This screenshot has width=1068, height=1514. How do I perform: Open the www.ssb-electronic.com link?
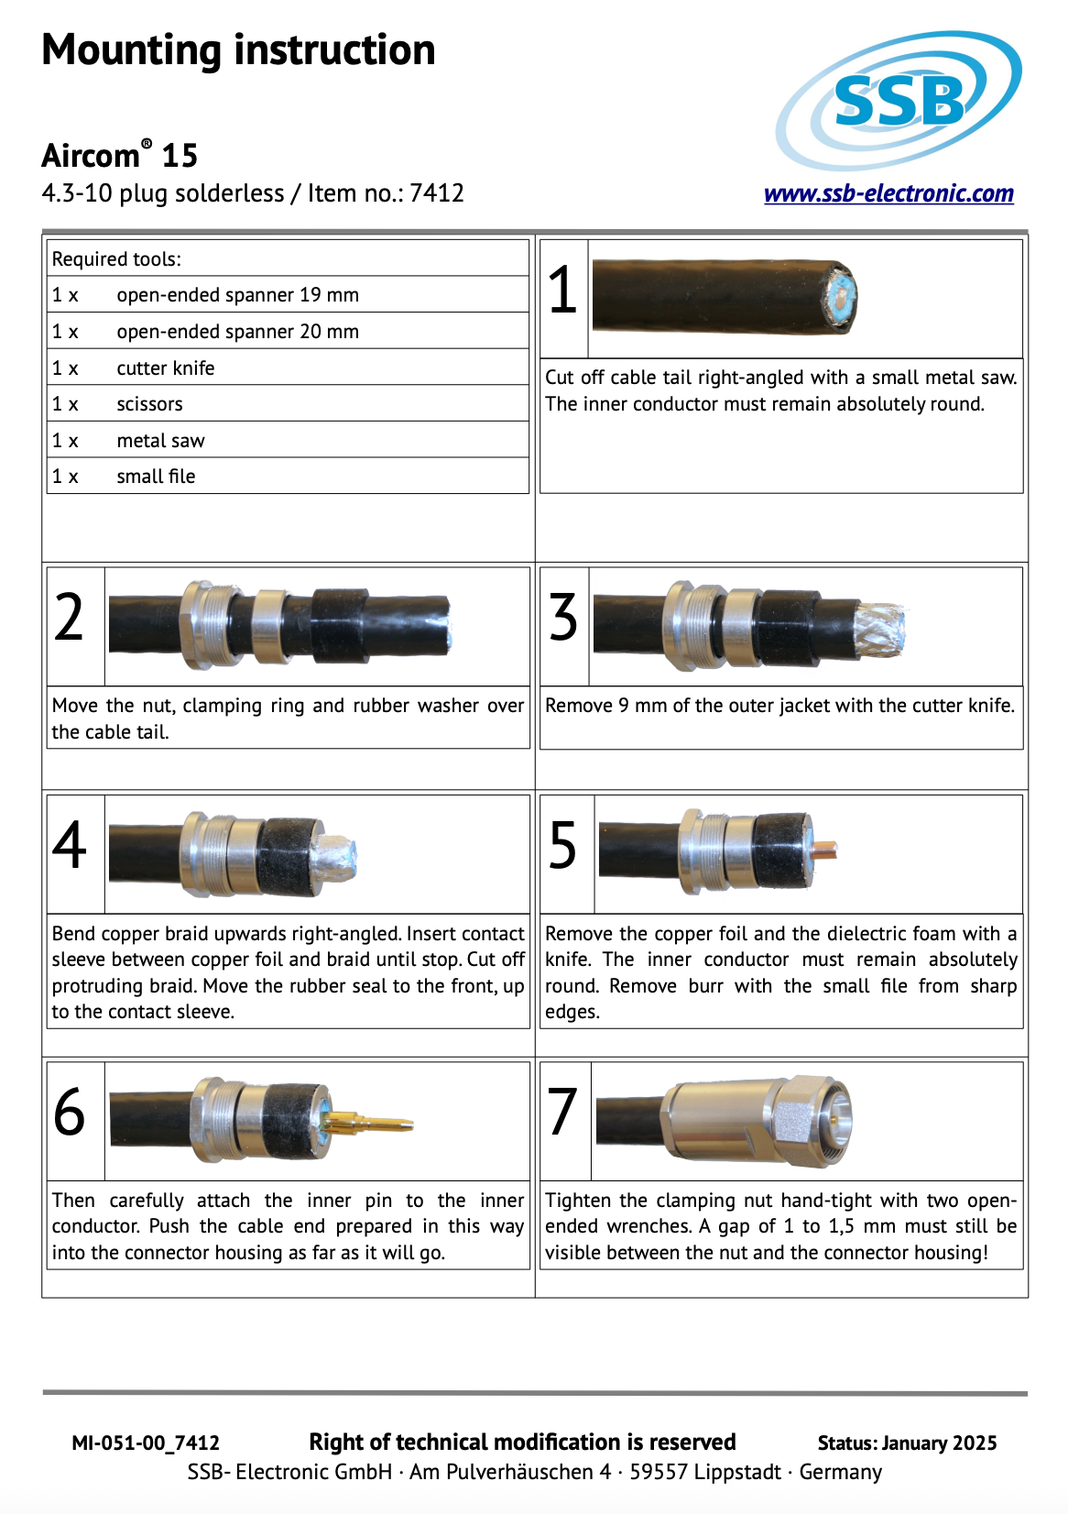888,193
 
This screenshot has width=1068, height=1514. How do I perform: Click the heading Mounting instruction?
238,50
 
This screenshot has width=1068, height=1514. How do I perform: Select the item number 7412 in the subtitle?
437,193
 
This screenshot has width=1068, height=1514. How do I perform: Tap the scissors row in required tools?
149,404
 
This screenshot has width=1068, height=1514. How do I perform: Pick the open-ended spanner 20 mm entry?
237,332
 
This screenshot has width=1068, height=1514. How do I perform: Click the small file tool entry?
156,477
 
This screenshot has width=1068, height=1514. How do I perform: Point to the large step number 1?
562,291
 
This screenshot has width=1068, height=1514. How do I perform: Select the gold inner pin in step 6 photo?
366,1122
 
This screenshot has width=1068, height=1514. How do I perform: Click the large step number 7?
561,1112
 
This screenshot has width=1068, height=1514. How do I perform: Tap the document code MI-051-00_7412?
146,1443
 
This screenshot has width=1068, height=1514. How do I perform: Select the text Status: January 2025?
907,1443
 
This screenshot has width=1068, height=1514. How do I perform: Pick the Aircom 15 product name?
119,156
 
